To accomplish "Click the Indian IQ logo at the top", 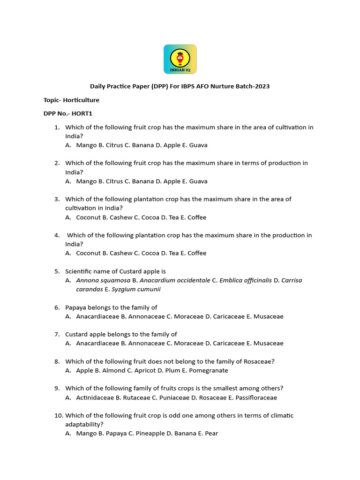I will pyautogui.click(x=180, y=59).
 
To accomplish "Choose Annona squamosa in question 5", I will pyautogui.click(x=104, y=280).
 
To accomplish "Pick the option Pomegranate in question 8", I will pyautogui.click(x=209, y=370).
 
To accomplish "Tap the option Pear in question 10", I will pyautogui.click(x=211, y=434).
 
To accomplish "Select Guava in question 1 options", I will pyautogui.click(x=198, y=145).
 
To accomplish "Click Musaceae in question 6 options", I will pyautogui.click(x=269, y=316).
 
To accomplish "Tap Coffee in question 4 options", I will pyautogui.click(x=197, y=253).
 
